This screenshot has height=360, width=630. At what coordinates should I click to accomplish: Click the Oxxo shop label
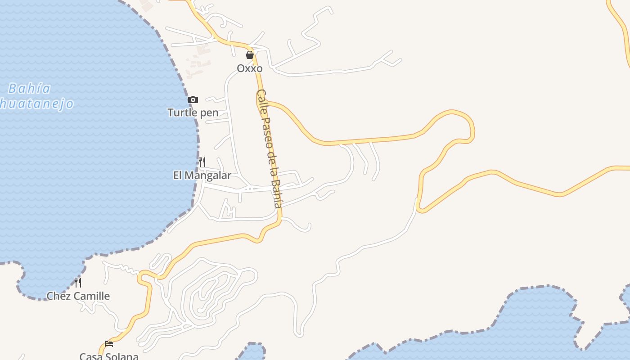click(250, 68)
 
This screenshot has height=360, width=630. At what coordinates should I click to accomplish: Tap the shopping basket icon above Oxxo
click(250, 55)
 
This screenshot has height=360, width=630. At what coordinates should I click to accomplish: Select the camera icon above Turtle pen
click(193, 99)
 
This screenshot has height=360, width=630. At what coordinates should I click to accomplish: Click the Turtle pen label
click(193, 112)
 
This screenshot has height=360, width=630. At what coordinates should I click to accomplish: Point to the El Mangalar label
click(202, 175)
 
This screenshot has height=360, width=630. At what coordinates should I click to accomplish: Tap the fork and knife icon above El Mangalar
click(202, 162)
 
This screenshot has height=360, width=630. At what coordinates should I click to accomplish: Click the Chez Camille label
click(78, 296)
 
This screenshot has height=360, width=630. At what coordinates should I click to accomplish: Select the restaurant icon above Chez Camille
click(78, 283)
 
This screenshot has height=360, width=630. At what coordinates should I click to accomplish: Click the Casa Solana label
click(109, 356)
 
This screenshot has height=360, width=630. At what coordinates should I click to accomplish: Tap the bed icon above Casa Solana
click(109, 344)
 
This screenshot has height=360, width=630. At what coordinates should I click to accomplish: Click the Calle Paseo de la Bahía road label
click(270, 148)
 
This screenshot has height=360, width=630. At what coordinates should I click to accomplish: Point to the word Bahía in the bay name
click(30, 88)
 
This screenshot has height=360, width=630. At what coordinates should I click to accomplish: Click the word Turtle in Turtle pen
click(182, 112)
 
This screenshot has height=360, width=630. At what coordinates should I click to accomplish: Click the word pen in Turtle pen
click(209, 113)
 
